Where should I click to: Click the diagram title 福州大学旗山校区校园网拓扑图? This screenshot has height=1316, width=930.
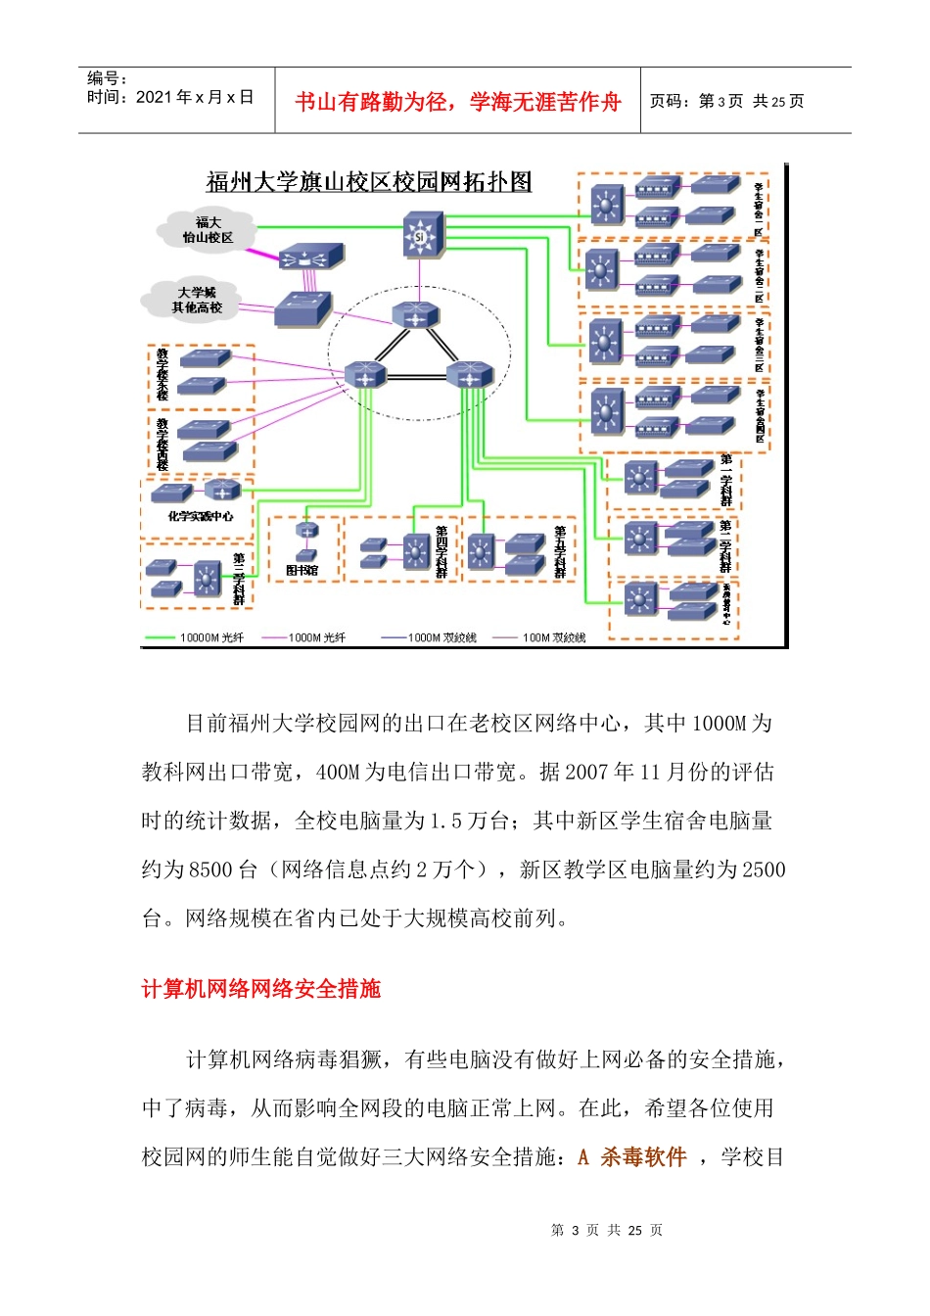pyautogui.click(x=368, y=182)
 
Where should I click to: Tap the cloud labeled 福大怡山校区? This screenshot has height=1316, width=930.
pyautogui.click(x=208, y=230)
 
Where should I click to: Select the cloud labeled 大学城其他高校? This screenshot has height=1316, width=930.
pyautogui.click(x=197, y=300)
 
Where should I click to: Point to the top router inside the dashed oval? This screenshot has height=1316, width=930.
pyautogui.click(x=416, y=315)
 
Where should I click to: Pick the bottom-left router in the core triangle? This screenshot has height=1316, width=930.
pyautogui.click(x=365, y=374)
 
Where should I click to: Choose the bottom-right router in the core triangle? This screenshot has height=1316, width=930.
pyautogui.click(x=469, y=374)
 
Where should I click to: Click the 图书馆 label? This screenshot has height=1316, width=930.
pyautogui.click(x=302, y=570)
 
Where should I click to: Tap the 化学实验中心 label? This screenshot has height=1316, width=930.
pyautogui.click(x=200, y=516)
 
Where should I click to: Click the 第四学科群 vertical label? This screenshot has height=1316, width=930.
pyautogui.click(x=442, y=551)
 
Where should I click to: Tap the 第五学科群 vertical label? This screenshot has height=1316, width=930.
pyautogui.click(x=560, y=551)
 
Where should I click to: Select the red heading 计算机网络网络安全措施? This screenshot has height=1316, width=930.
pyautogui.click(x=260, y=989)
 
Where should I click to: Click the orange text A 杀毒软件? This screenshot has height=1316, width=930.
pyautogui.click(x=632, y=1157)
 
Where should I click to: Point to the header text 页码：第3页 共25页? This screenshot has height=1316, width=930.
pyautogui.click(x=726, y=102)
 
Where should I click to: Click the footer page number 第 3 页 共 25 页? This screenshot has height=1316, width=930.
pyautogui.click(x=606, y=1230)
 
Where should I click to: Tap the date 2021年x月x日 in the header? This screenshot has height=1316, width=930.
pyautogui.click(x=194, y=97)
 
